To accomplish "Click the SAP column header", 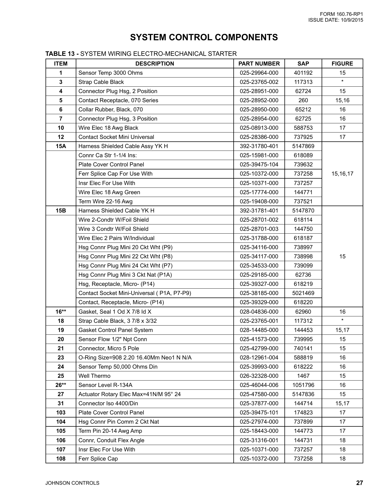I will click(x=303, y=64).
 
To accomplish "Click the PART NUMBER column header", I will click(x=259, y=64).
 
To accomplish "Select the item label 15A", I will click(x=61, y=146).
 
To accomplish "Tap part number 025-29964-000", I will click(x=259, y=73).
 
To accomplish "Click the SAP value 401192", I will click(x=303, y=73).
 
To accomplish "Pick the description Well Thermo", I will click(x=94, y=376).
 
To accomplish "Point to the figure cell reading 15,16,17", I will click(x=342, y=174).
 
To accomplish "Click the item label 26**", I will click(x=61, y=385).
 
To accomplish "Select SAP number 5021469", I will click(x=303, y=293).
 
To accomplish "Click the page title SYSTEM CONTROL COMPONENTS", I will click(x=204, y=37).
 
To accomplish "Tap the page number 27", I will click(x=359, y=483).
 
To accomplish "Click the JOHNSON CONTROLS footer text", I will click(x=72, y=483).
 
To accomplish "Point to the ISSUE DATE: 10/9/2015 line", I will click(x=335, y=20).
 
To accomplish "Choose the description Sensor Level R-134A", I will click(x=105, y=385).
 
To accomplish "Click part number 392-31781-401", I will click(x=259, y=211).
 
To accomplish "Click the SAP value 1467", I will click(x=303, y=376).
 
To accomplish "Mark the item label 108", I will click(x=61, y=459).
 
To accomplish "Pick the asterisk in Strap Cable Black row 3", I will click(x=342, y=81).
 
